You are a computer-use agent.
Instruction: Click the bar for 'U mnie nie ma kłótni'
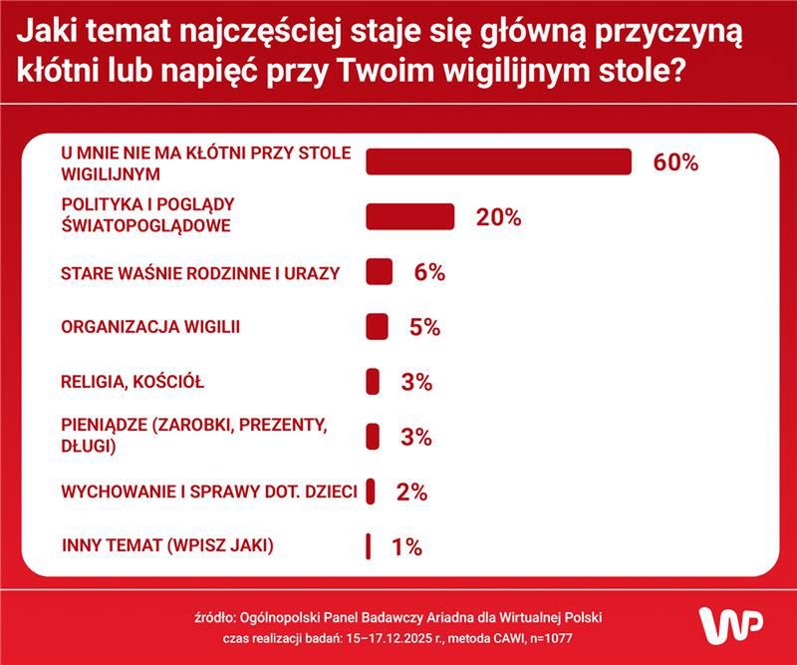click(499, 162)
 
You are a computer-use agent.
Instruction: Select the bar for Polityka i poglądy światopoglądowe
click(410, 216)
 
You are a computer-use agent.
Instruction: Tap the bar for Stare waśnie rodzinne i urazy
click(379, 272)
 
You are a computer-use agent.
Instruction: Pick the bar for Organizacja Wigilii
click(377, 327)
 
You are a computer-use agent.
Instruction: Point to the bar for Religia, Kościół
click(373, 382)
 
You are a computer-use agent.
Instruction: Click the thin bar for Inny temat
click(369, 546)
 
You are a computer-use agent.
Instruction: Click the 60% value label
click(675, 163)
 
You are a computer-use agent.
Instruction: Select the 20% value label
click(498, 217)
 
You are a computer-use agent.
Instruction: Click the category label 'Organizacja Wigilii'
click(150, 327)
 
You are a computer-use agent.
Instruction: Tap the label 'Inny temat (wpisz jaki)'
click(167, 546)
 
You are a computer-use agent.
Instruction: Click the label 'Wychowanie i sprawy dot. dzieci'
click(210, 492)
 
